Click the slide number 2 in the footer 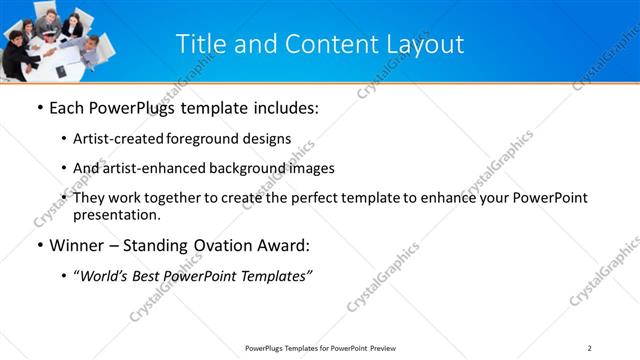coord(590,348)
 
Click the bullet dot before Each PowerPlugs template coord(38,108)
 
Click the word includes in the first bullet coord(285,108)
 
